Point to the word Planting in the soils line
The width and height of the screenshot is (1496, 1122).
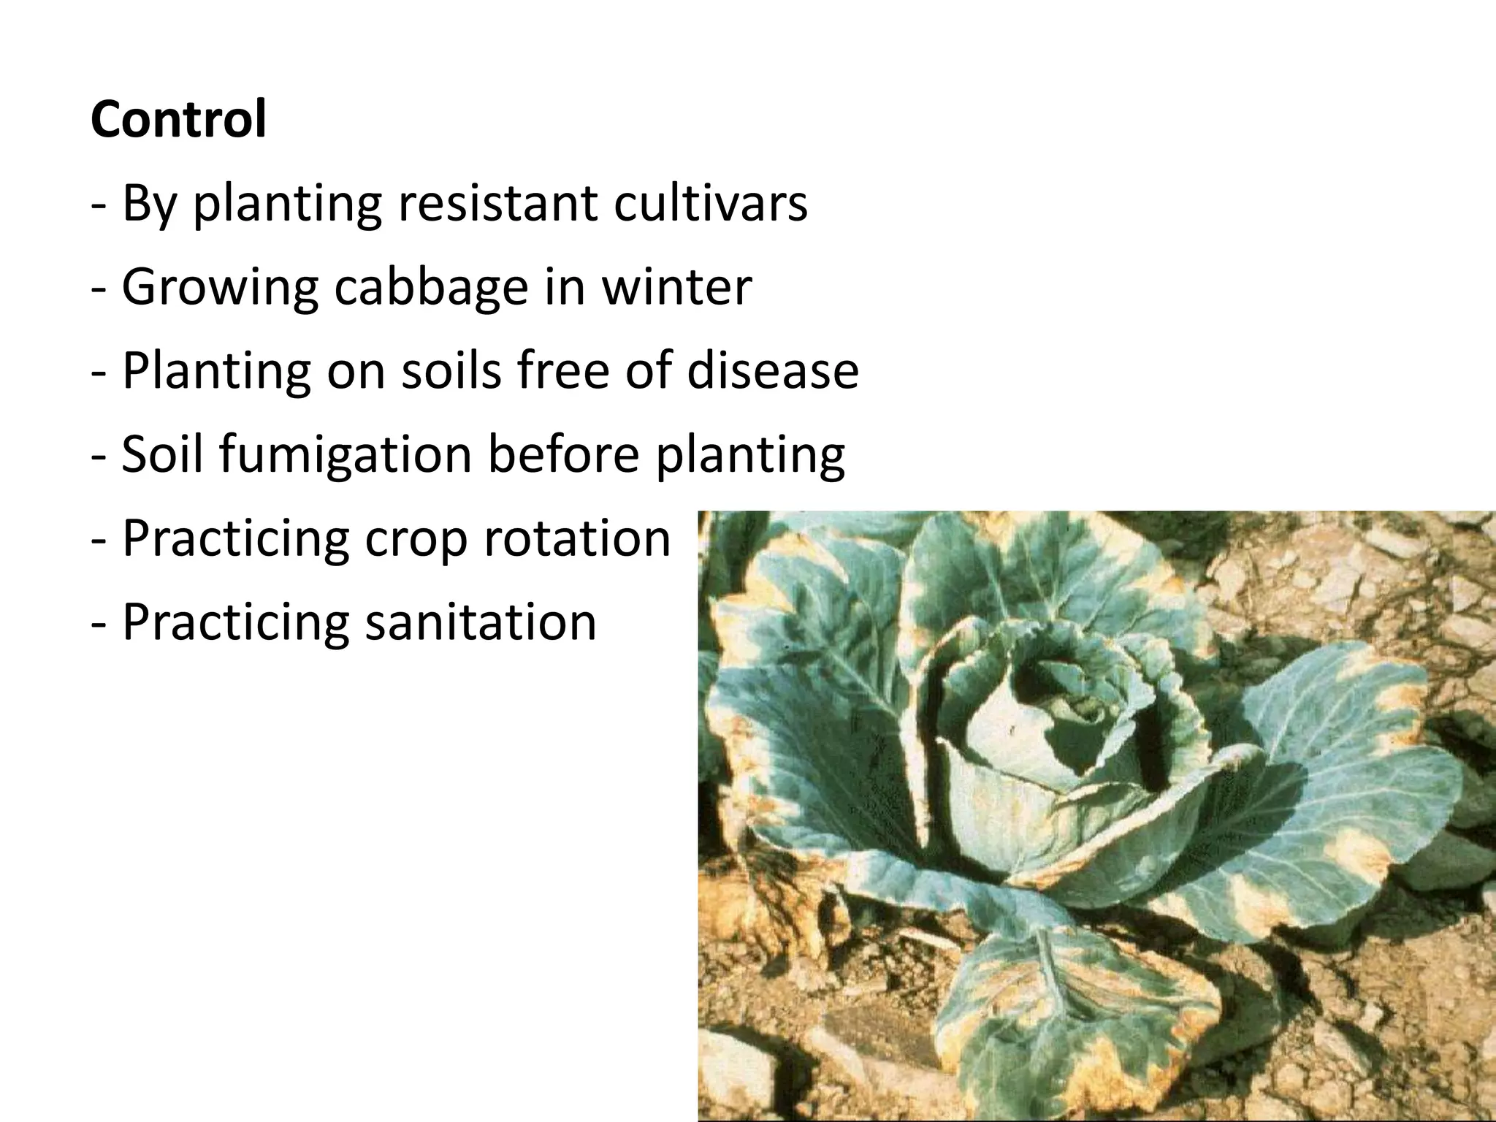coord(216,371)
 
